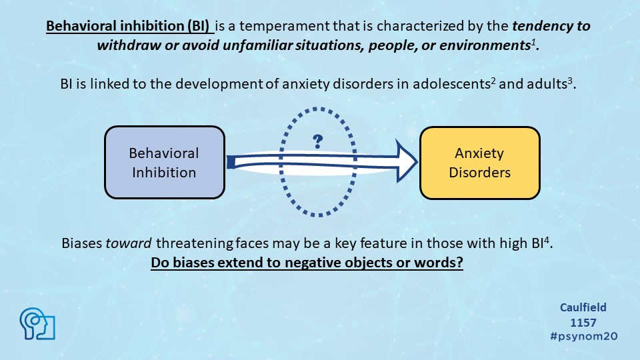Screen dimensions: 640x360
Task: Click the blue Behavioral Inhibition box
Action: [165, 163]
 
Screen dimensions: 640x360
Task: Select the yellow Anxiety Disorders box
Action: [479, 163]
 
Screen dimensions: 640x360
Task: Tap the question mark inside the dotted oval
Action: [317, 141]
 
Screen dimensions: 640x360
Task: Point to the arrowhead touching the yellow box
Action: [407, 161]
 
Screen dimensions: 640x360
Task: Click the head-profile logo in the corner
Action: [37, 324]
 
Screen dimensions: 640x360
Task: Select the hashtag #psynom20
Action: [584, 336]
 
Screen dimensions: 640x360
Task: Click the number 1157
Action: [583, 323]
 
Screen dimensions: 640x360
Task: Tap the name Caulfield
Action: [583, 307]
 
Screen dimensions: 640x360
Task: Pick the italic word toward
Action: [129, 243]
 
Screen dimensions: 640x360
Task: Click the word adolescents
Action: [451, 84]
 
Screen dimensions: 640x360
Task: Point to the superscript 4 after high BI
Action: [547, 239]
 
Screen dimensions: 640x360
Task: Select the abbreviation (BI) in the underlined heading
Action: [199, 26]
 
